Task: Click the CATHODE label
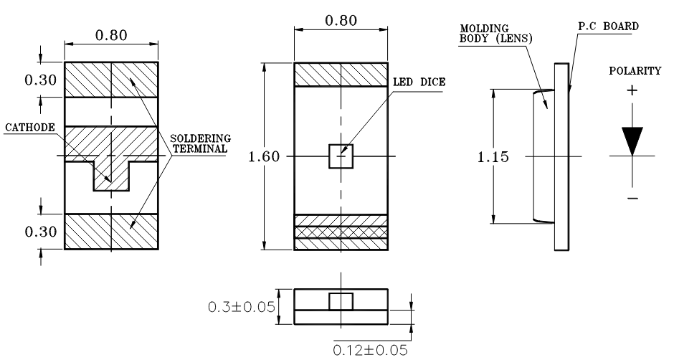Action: [30, 128]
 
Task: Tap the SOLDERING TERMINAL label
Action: [200, 143]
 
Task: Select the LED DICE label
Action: [419, 82]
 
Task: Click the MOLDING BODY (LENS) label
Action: [496, 34]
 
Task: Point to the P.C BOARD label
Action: [608, 27]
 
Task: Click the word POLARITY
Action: [635, 70]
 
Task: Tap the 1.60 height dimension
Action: [264, 156]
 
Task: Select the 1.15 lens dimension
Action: [493, 156]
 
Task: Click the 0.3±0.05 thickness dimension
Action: [241, 307]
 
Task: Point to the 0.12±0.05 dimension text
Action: [370, 350]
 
